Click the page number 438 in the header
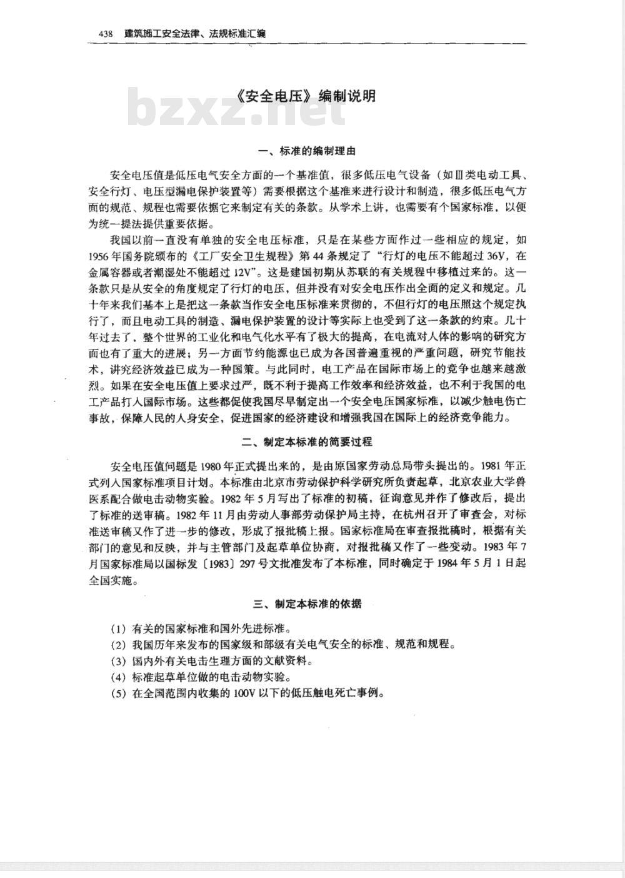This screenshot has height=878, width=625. tap(105, 34)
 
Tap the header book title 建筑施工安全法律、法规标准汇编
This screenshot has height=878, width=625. tap(194, 34)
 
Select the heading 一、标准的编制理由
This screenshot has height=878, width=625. tap(307, 151)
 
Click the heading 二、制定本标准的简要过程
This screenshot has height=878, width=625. tap(307, 442)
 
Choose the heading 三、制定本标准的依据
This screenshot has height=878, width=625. tap(307, 604)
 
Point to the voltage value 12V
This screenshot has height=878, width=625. tap(237, 273)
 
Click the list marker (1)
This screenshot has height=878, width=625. tap(118, 628)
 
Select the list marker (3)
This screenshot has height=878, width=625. tap(118, 661)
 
